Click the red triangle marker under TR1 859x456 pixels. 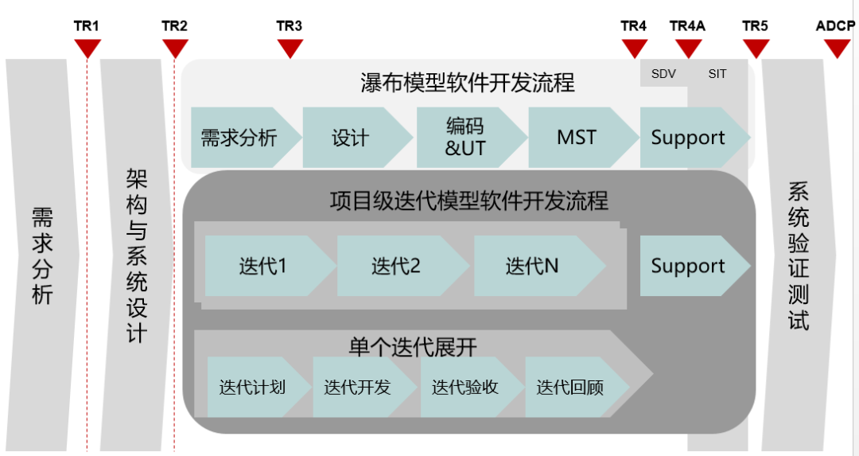[87, 49]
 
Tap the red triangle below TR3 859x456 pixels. [291, 49]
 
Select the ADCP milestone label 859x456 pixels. [835, 26]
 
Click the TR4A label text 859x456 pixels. [687, 26]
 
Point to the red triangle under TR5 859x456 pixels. [756, 49]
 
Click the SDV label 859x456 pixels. [663, 74]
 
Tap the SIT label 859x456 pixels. [717, 74]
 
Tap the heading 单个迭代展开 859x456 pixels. [413, 346]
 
